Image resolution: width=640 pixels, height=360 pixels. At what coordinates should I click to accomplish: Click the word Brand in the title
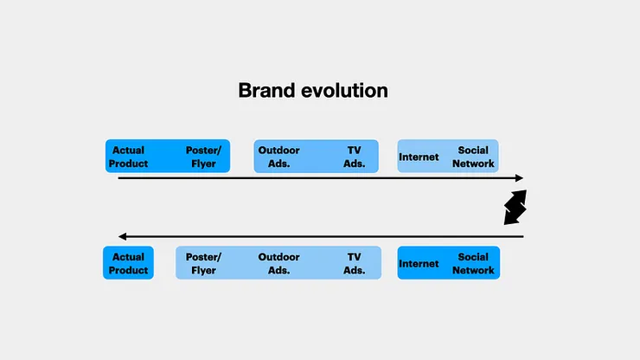pos(266,90)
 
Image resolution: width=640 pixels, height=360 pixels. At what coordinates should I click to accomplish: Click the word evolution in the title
pos(344,90)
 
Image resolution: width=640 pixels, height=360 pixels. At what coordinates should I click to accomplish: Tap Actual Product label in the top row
pos(128,157)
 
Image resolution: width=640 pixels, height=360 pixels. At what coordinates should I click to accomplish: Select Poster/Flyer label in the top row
pos(203,157)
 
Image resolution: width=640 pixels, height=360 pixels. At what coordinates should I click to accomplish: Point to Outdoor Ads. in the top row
pos(278,157)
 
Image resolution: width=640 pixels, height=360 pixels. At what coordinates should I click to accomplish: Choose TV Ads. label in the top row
pos(354,157)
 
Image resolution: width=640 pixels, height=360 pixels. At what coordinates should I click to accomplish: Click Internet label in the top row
pos(419,157)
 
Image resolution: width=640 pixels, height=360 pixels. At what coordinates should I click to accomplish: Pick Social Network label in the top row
pos(473,157)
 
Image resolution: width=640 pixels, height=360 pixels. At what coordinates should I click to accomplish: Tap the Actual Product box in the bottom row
pos(128,263)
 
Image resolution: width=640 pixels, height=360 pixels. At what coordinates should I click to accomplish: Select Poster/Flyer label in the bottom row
pos(203,264)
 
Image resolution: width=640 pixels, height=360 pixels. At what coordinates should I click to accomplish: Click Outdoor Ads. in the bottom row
pos(278,264)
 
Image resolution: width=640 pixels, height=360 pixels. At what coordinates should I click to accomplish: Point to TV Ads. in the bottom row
pos(354,264)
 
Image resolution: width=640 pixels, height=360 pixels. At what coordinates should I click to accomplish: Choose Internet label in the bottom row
pos(419,264)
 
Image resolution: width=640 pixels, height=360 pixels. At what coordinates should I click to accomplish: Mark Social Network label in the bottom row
pos(473,264)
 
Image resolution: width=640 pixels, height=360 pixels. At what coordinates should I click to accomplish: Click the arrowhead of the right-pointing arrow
pos(520,177)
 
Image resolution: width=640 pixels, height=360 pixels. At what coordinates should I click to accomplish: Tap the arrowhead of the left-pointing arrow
pos(122,236)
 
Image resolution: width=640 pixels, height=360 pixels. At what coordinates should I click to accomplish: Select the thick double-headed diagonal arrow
pos(515,207)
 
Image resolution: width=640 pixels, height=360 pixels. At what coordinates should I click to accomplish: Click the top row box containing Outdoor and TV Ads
pos(316,156)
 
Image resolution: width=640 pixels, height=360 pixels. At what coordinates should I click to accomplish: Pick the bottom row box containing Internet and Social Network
pos(449,263)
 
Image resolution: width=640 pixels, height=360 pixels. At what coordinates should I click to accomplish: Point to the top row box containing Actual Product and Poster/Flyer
pos(168,156)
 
